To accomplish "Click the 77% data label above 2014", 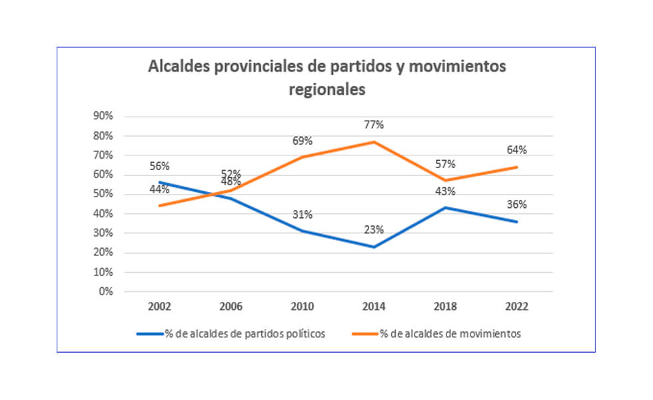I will tap(374, 125).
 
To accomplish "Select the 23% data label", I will tap(374, 230).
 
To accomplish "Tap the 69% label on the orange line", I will tap(303, 141).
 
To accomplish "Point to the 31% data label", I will tap(303, 214).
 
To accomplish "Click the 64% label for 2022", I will tap(516, 150).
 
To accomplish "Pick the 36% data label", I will tap(516, 205).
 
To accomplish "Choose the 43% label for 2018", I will tap(445, 191).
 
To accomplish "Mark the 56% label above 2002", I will tap(160, 166).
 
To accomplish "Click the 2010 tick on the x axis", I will tap(303, 307).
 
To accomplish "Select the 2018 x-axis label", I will tap(445, 307).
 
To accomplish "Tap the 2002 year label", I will tap(160, 307).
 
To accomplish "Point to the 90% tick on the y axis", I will tap(103, 116).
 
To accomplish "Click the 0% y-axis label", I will tap(106, 291).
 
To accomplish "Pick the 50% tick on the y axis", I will tap(103, 194).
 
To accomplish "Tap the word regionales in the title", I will tap(326, 90).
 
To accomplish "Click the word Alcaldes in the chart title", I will tap(177, 67).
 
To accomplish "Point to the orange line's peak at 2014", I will tap(374, 142).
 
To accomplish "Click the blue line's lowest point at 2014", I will tap(374, 247).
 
